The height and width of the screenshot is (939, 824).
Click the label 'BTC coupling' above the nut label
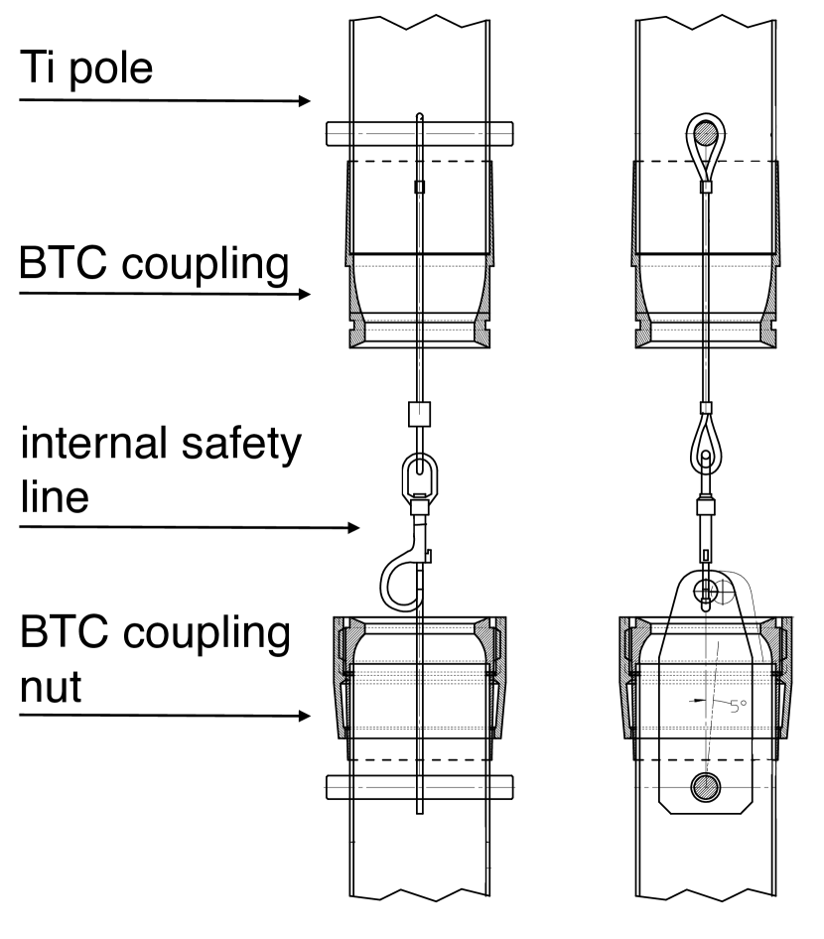(x=154, y=266)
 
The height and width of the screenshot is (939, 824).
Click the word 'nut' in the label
(x=51, y=684)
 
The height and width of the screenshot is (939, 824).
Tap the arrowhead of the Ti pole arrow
(x=305, y=101)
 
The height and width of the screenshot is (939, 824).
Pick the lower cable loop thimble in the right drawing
(x=703, y=437)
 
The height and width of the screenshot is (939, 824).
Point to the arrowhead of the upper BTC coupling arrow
(x=306, y=295)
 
